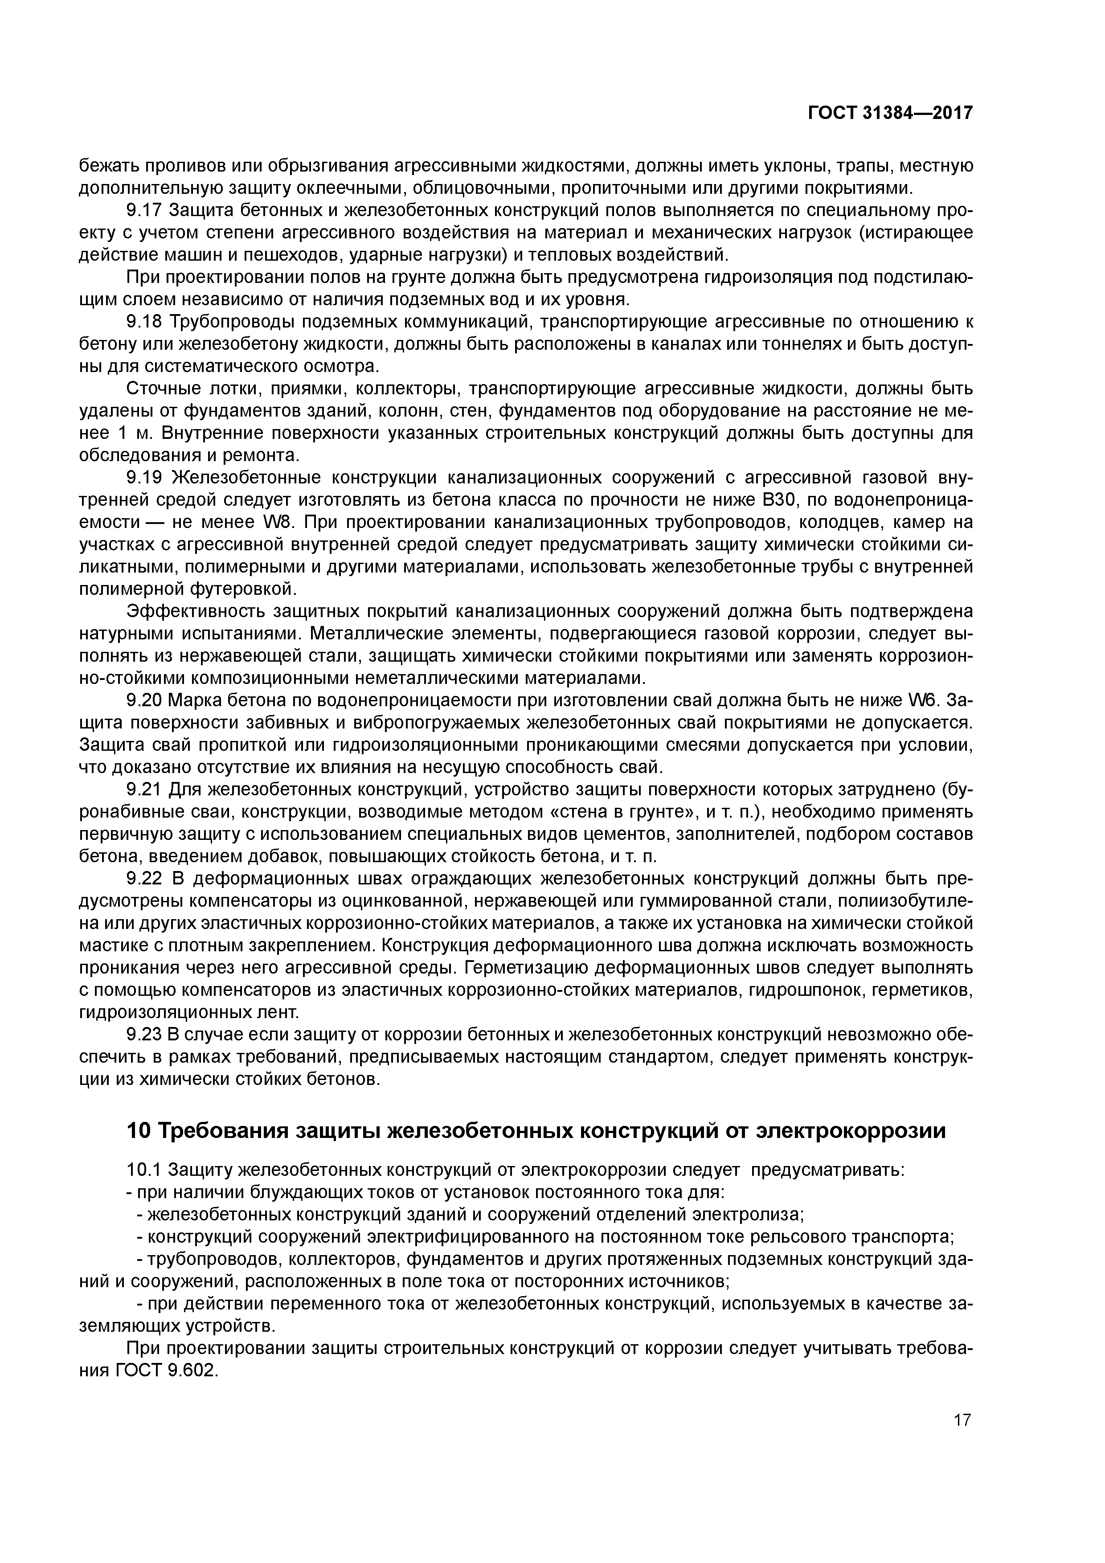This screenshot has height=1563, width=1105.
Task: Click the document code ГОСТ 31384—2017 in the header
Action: pos(890,113)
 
